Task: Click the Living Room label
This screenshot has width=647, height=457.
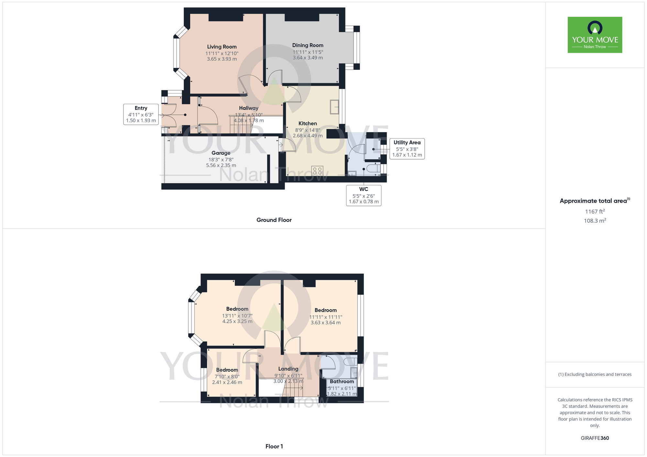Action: (x=222, y=47)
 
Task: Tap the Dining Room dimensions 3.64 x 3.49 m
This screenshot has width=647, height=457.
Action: (x=308, y=58)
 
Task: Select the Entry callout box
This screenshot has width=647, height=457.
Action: (x=141, y=114)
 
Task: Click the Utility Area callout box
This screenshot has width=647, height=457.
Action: (x=407, y=149)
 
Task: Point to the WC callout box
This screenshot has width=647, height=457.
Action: (x=364, y=196)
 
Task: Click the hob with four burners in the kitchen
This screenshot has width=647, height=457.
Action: (x=317, y=171)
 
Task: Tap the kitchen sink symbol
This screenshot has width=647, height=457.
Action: (x=334, y=107)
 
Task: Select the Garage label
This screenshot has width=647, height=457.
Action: (x=221, y=153)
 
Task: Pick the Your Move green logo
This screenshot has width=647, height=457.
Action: (x=595, y=35)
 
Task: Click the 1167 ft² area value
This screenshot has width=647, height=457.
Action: (x=595, y=212)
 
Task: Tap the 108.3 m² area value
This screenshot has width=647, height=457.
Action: (x=595, y=221)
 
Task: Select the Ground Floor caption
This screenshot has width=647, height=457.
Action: (x=274, y=220)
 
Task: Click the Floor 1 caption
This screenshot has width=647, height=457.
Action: (x=274, y=446)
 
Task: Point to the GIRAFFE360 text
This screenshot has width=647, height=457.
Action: (x=595, y=438)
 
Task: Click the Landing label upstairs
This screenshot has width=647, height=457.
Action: (x=288, y=369)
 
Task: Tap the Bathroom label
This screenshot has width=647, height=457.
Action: (x=342, y=381)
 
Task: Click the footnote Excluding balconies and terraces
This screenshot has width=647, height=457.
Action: (x=595, y=375)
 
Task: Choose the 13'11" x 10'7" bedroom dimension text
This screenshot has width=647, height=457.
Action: (x=237, y=316)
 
